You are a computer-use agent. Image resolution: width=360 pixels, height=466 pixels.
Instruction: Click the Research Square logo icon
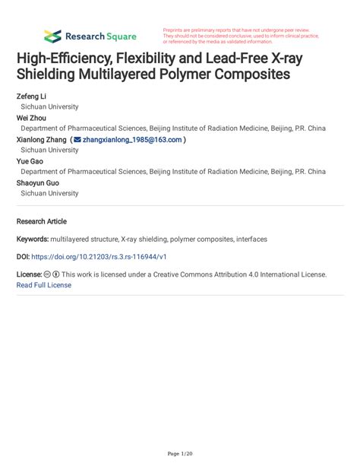click(x=52, y=36)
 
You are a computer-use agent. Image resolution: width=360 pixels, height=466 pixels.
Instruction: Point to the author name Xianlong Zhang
click(x=41, y=140)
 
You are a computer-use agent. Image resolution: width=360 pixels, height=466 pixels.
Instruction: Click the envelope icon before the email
click(x=77, y=140)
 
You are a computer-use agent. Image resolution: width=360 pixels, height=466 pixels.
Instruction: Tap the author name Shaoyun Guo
click(x=37, y=182)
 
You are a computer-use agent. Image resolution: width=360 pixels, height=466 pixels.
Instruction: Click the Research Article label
click(x=42, y=221)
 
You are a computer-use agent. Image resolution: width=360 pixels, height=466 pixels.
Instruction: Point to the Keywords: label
click(x=33, y=239)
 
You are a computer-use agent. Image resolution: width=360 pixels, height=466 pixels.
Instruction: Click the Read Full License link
click(x=44, y=285)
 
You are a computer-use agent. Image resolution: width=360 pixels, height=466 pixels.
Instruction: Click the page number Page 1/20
click(x=180, y=454)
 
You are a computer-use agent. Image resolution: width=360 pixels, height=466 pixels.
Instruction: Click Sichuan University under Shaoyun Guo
click(x=49, y=193)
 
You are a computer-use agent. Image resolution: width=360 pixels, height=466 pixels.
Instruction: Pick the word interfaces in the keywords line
click(x=250, y=239)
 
